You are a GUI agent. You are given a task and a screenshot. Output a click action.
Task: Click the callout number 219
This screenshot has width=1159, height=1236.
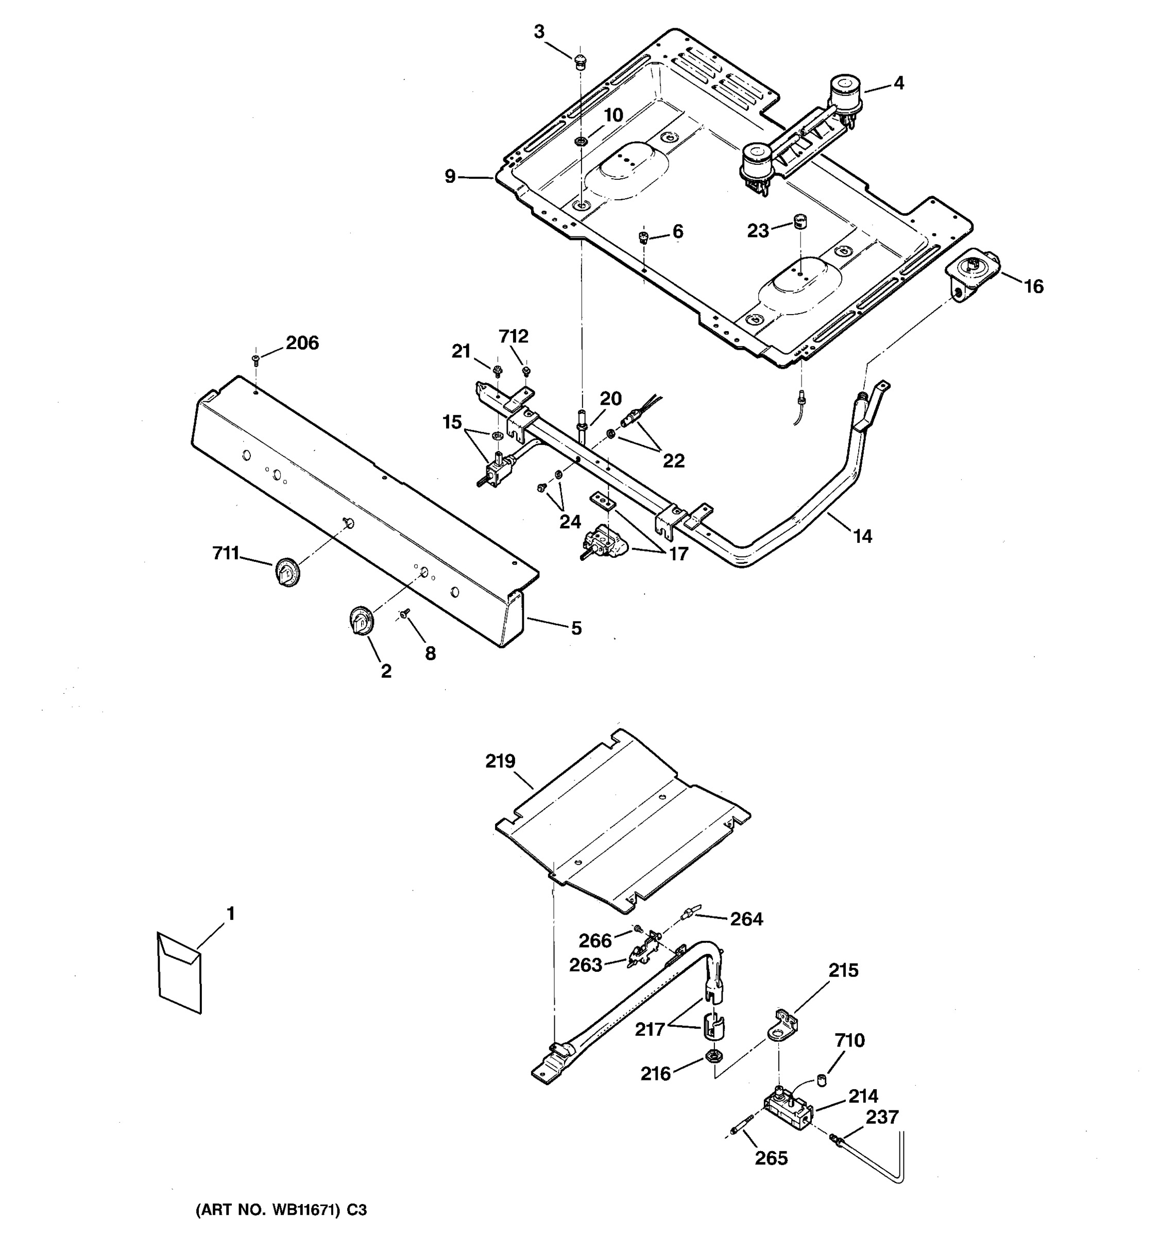pos(501,761)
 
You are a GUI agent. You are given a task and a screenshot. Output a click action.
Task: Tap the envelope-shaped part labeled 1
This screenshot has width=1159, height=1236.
pos(180,973)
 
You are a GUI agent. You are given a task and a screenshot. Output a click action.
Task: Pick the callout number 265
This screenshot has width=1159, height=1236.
pos(771,1158)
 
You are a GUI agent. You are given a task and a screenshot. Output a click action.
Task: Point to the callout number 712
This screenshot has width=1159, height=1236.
pos(514,336)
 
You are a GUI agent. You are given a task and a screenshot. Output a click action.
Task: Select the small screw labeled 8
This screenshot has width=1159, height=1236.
pos(405,613)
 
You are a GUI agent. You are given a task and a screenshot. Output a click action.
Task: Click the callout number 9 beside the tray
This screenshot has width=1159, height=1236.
pos(450,177)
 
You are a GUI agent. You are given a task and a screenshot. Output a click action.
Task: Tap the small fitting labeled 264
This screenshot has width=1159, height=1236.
pos(689,913)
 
